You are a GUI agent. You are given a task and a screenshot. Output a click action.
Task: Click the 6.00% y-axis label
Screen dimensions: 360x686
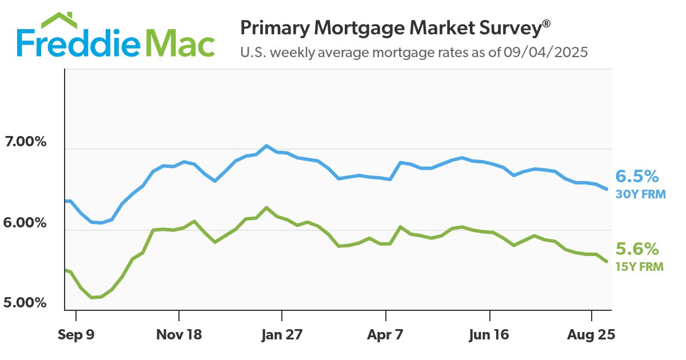pos(25,222)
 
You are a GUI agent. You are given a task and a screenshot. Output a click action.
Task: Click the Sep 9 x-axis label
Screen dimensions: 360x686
pos(76,335)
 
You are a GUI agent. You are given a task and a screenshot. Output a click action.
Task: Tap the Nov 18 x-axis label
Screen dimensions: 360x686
pos(179,335)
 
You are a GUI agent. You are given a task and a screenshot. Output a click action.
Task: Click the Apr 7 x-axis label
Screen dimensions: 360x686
pos(386,335)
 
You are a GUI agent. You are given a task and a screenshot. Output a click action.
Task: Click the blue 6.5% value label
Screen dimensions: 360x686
pos(637,175)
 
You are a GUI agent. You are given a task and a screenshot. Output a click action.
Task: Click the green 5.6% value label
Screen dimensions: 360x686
pos(637,249)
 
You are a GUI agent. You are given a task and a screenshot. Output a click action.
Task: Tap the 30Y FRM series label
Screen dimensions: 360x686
pos(641,194)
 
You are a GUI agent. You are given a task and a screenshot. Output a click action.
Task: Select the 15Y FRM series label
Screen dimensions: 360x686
pos(640,266)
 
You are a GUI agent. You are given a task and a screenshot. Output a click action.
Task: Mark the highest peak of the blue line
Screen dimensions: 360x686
pos(266,146)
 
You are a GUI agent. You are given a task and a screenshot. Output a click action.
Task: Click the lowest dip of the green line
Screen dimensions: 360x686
pos(92,298)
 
